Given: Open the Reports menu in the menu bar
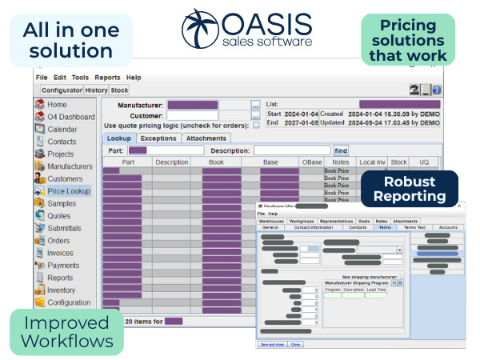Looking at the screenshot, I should [108, 77].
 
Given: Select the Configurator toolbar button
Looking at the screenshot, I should [62, 90].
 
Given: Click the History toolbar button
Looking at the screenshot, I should [96, 90].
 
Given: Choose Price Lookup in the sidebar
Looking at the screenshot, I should [69, 191].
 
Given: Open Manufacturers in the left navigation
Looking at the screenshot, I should [70, 166].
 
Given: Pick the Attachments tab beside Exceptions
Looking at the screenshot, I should [206, 138].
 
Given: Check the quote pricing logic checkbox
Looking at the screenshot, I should [255, 125].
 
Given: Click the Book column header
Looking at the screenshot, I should [216, 162].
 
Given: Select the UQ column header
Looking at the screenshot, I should [425, 162].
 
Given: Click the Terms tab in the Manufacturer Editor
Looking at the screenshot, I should [385, 227].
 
